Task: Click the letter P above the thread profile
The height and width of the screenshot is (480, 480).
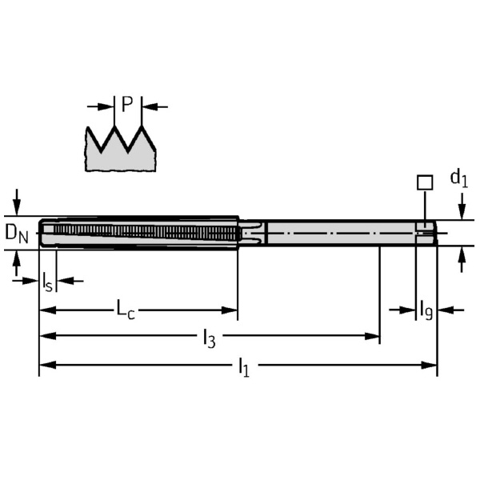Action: point(126,104)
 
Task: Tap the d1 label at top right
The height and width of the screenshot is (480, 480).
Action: point(458,178)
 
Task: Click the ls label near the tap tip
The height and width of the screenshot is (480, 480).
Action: point(47,281)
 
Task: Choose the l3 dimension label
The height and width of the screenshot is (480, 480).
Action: point(208,338)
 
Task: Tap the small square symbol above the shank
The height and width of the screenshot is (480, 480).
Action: point(424,182)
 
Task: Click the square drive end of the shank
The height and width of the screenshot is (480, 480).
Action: point(426,233)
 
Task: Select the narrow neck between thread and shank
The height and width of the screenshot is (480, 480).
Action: point(253,233)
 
